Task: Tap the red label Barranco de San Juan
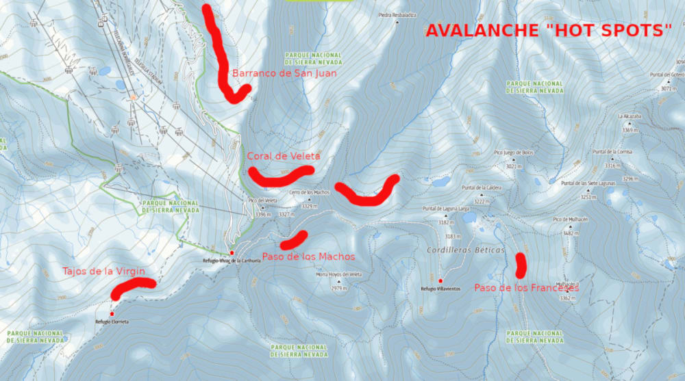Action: [x=284, y=73]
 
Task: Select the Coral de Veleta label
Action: [x=284, y=156]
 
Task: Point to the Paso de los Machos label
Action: [x=319, y=257]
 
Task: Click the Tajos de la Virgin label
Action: [x=103, y=272]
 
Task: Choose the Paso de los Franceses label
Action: [x=526, y=288]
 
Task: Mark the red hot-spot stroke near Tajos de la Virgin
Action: [x=133, y=287]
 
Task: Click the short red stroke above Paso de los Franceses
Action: [x=521, y=265]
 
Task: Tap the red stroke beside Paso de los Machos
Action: [x=295, y=240]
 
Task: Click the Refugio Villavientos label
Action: [x=440, y=289]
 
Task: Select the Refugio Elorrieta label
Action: [x=112, y=321]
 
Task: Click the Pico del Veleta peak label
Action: [x=261, y=200]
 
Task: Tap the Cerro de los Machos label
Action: [x=310, y=192]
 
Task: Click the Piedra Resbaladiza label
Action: [x=397, y=14]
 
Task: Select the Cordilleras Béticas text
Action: [x=465, y=250]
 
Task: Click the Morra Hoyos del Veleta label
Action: [x=338, y=275]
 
